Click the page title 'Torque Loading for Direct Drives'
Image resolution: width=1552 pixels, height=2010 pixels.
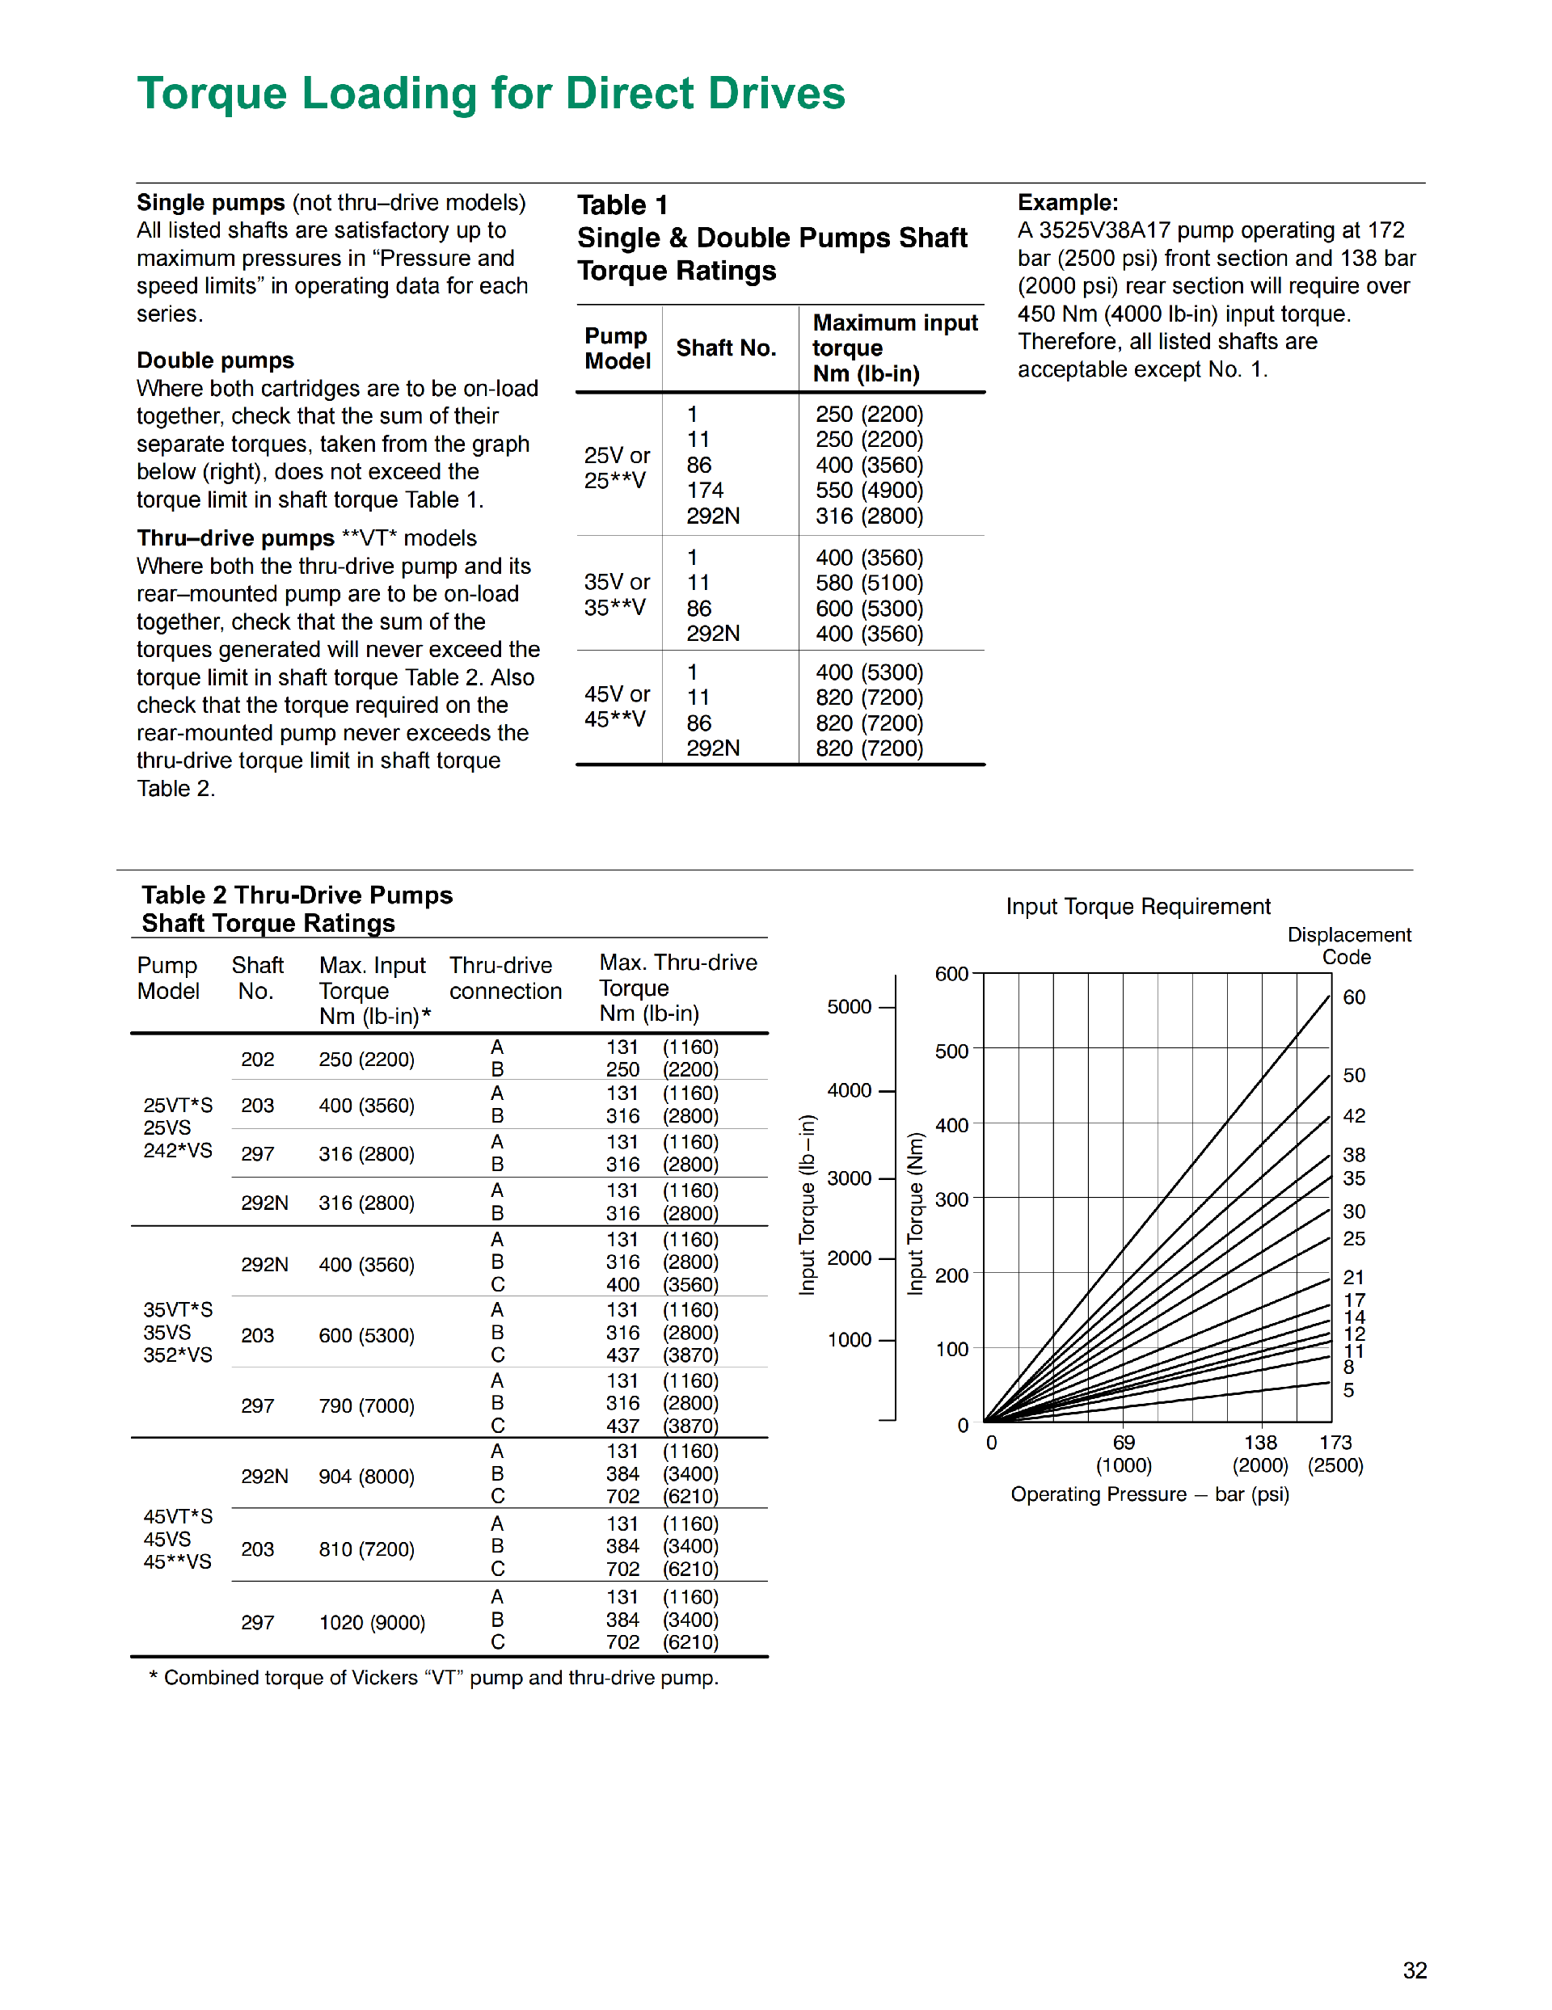coord(491,93)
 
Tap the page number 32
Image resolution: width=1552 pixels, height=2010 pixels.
coord(1414,1970)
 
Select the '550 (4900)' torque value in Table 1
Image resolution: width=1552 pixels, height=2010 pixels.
coord(869,491)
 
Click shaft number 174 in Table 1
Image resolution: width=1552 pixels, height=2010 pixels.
coord(705,491)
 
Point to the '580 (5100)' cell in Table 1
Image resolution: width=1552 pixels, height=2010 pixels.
coord(869,583)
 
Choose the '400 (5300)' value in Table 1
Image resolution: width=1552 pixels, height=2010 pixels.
coord(869,672)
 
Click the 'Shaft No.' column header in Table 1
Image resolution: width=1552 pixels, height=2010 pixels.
coord(727,348)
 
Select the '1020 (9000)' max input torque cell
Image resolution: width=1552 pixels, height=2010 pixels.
coord(372,1623)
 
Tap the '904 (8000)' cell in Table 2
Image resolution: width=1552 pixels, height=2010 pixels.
coord(366,1477)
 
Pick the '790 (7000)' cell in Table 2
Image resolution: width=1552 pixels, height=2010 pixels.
coord(366,1405)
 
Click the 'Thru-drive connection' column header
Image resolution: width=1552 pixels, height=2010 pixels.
coord(505,978)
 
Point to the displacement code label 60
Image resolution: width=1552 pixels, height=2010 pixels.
coord(1354,997)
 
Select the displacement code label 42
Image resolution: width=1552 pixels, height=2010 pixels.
coord(1354,1116)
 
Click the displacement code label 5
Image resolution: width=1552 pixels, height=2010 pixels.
coord(1348,1391)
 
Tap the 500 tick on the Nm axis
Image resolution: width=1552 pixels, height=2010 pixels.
coord(952,1051)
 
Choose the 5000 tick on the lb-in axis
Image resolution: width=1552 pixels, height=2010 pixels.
coord(849,1007)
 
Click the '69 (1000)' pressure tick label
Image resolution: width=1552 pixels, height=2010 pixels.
coord(1123,1454)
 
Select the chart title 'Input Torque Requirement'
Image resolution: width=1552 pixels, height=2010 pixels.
coord(1138,907)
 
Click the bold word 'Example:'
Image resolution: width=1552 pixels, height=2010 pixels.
coord(1068,203)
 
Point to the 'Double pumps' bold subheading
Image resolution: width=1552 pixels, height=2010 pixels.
coord(215,360)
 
